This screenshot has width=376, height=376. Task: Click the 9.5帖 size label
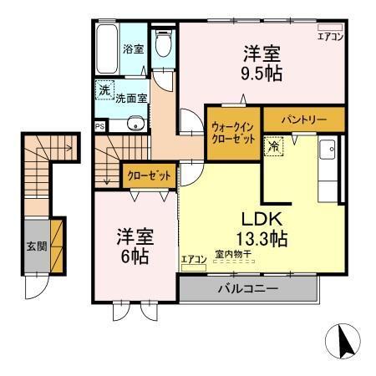point(262,73)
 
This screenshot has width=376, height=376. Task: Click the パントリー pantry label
point(303,120)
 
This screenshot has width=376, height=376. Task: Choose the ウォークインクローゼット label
point(233,132)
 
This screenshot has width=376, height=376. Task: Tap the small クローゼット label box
point(149,175)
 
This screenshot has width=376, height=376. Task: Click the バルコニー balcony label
point(247,289)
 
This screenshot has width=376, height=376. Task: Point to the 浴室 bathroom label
point(133,48)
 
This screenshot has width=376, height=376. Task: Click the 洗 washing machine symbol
point(104,89)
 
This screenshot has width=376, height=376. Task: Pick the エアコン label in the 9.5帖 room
point(330,36)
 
